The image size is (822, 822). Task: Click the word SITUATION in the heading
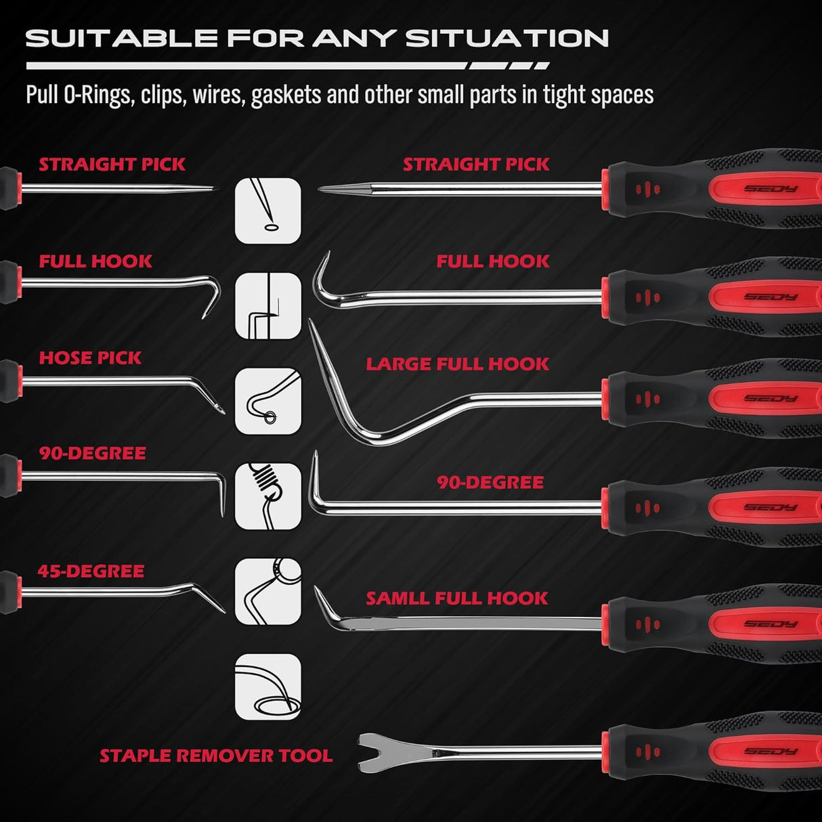click(507, 39)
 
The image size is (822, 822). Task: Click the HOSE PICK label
click(90, 358)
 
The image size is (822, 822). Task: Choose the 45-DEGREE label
click(91, 571)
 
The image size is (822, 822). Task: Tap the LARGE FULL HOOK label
click(458, 364)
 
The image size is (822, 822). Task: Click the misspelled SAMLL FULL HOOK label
click(457, 599)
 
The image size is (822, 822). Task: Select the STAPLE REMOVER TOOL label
click(216, 756)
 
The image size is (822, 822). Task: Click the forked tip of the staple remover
click(369, 752)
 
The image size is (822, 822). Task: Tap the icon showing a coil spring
click(268, 496)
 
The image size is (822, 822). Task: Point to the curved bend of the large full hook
click(369, 433)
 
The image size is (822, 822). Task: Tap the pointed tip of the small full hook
click(318, 591)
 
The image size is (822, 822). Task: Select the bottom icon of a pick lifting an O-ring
click(268, 687)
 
